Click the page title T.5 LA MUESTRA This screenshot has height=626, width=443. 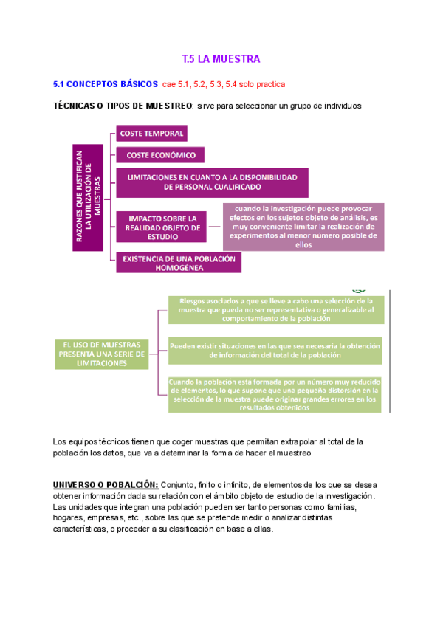pos(221,58)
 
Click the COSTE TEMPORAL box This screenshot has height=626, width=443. pos(151,134)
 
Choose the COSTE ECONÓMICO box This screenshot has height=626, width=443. pos(160,155)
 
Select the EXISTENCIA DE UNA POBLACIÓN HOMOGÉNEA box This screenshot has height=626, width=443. pos(178,264)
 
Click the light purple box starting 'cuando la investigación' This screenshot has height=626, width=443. pos(303,227)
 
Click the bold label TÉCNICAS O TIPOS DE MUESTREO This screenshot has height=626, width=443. pos(122,106)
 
